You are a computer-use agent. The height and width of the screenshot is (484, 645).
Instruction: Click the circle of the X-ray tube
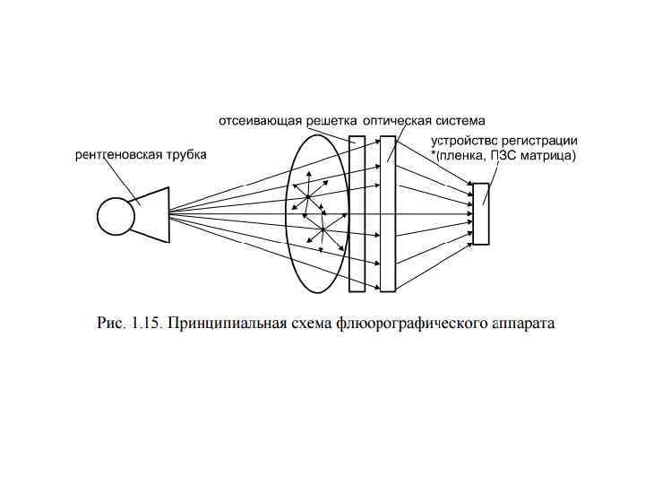(x=115, y=215)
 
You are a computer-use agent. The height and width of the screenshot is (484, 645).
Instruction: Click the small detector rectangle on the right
(x=481, y=213)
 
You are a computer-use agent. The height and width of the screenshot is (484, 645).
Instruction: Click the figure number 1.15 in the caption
(x=143, y=324)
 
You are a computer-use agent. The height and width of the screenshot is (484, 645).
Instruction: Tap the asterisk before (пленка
(x=433, y=154)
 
